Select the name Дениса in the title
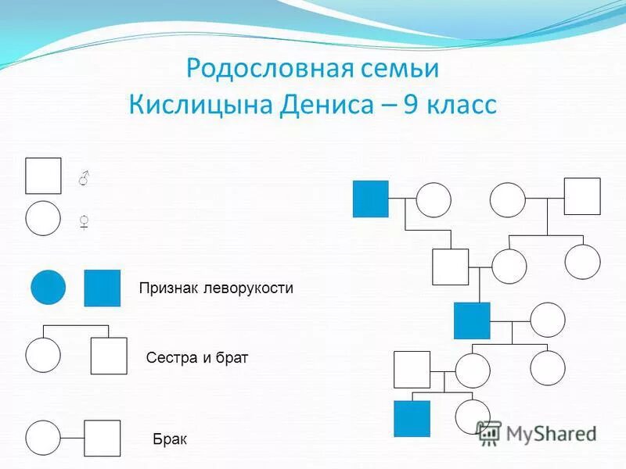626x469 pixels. [324, 105]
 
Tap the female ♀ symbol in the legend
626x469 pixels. [84, 222]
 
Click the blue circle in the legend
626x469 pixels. [49, 288]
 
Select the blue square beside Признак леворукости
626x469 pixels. [103, 288]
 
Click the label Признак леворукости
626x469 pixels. [216, 288]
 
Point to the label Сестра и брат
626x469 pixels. [196, 358]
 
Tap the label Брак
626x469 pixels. [170, 439]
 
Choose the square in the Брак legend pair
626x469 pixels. [103, 439]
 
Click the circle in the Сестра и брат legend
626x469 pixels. [43, 355]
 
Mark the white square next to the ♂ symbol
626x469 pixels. [43, 176]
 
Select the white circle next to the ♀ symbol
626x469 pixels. [43, 218]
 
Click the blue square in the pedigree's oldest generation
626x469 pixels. [371, 199]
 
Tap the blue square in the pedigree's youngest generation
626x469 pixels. [412, 418]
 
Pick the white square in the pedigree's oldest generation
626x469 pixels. [582, 196]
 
